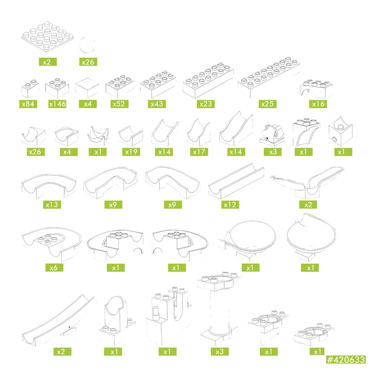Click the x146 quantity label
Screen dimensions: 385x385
click(57, 104)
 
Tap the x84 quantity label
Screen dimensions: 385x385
click(28, 104)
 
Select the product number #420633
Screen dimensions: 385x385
click(345, 360)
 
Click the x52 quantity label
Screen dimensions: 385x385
click(119, 104)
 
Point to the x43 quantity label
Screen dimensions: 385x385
click(157, 104)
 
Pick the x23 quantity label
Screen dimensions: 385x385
click(205, 104)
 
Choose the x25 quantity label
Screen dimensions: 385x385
click(267, 104)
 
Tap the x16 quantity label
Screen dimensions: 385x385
click(318, 104)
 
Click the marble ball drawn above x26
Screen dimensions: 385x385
click(87, 45)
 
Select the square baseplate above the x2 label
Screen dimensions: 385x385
click(47, 37)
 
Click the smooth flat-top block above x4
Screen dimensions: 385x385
click(87, 88)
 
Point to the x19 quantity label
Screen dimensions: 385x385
click(131, 152)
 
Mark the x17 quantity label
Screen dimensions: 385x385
click(199, 152)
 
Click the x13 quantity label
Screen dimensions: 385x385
click(52, 204)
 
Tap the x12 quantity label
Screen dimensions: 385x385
click(230, 204)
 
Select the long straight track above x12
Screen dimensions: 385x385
click(236, 182)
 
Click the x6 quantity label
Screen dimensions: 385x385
click(54, 267)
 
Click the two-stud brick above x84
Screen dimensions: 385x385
click(30, 88)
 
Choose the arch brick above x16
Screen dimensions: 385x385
click(316, 89)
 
